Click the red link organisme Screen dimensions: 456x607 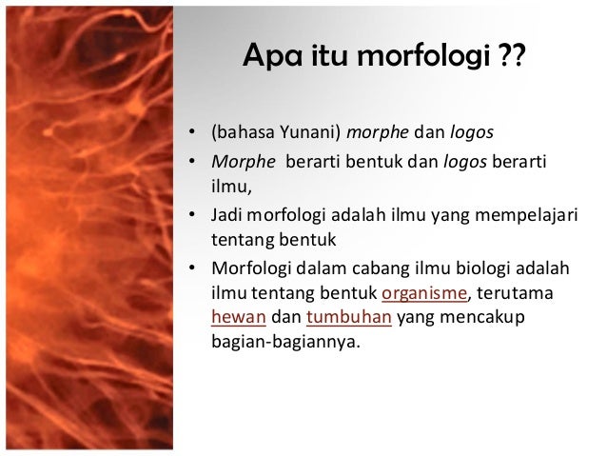[420, 292]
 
